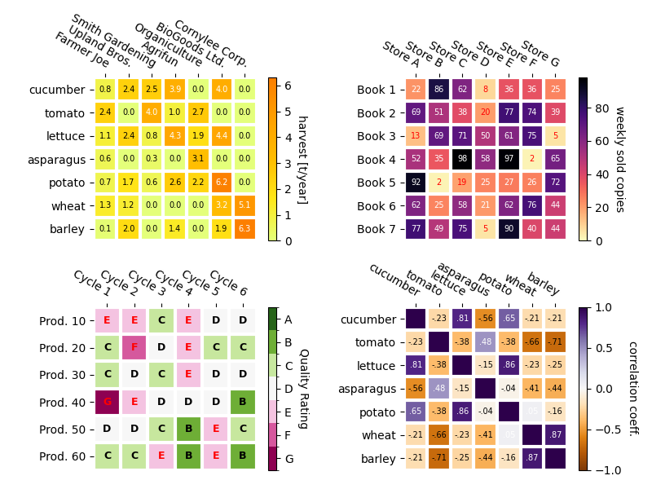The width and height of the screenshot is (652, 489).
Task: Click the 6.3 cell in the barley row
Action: pos(244,229)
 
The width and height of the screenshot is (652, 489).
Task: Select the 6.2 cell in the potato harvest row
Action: pos(221,183)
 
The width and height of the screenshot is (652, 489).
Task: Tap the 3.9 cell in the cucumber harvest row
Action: pos(174,90)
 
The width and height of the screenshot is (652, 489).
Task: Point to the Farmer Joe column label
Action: pos(81,51)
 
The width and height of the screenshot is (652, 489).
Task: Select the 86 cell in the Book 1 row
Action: pos(439,90)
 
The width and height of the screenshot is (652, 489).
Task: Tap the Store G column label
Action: pos(540,54)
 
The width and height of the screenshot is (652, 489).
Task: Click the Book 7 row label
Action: pos(376,229)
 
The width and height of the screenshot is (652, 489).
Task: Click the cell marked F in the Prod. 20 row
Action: pos(134,347)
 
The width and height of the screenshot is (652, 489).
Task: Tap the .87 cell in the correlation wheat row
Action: pos(555,436)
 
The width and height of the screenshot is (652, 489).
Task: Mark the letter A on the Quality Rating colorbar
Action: pos(287,319)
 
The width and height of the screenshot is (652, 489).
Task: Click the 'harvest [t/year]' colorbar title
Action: pos(302,159)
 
